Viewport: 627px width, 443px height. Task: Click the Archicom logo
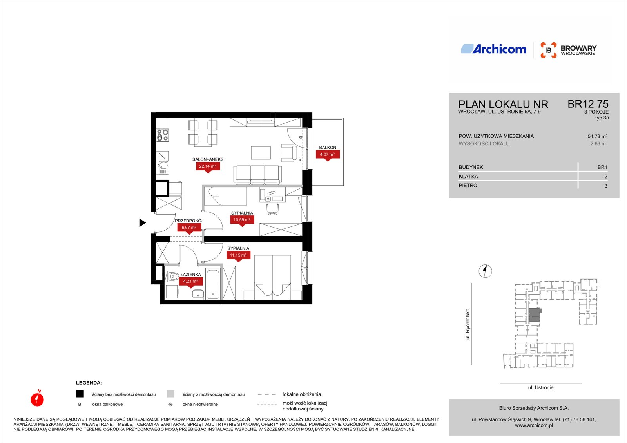point(493,49)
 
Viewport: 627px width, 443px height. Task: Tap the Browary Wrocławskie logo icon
point(548,50)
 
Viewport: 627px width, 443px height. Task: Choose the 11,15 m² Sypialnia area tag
point(238,256)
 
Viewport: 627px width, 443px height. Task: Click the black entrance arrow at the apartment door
point(143,223)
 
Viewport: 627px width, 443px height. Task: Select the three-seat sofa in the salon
point(257,175)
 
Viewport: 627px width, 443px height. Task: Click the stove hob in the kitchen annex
point(162,135)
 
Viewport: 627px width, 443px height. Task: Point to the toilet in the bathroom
point(172,277)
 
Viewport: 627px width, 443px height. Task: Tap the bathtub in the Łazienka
point(213,284)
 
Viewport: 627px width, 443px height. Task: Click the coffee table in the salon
point(261,153)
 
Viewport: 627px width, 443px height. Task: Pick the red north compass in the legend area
point(37,398)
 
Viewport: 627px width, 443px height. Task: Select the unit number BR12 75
point(588,104)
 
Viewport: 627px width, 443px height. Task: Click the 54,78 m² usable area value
point(597,137)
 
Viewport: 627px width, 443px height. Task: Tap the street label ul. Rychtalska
point(468,324)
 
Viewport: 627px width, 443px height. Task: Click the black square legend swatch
point(80,394)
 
